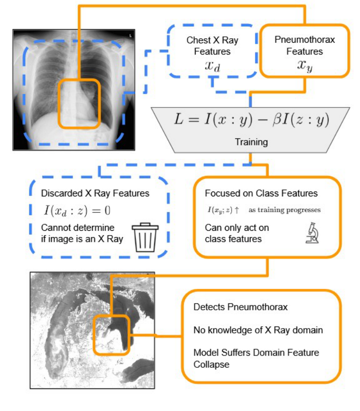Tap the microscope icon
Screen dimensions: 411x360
point(312,233)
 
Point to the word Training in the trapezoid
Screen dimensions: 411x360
point(251,142)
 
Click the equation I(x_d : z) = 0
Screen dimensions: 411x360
point(77,211)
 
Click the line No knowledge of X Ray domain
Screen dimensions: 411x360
point(258,330)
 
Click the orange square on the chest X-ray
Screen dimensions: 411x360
point(79,104)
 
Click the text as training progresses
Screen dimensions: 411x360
point(284,210)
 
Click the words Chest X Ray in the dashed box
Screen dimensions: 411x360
point(212,40)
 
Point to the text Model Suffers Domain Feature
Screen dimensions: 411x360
point(256,353)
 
